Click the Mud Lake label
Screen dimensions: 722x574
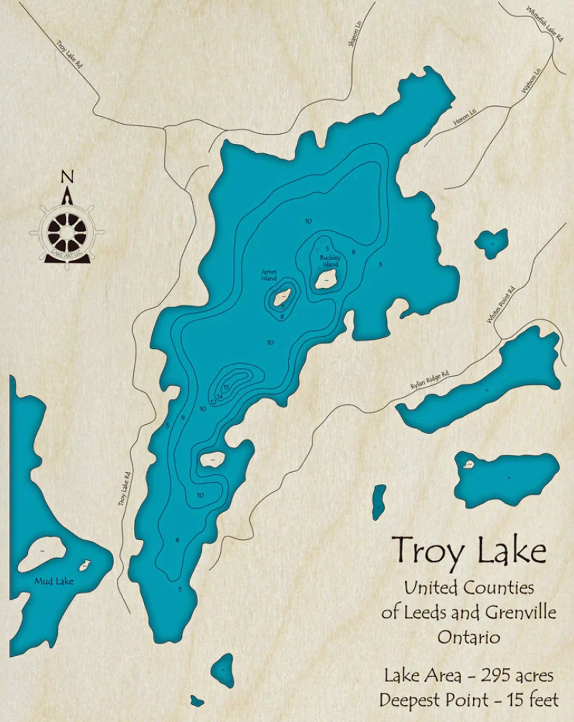pos(54,581)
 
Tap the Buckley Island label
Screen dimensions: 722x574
pos(330,261)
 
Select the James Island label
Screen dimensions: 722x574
pos(269,275)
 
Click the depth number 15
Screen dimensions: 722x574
pos(226,387)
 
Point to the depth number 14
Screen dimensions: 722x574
pos(219,396)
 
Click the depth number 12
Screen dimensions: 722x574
pos(213,402)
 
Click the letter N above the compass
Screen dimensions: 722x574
pos(67,176)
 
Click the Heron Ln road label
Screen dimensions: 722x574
pos(465,118)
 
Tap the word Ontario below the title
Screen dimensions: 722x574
pos(469,637)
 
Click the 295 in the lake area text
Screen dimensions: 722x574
pos(495,676)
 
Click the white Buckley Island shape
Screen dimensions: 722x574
pos(326,279)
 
